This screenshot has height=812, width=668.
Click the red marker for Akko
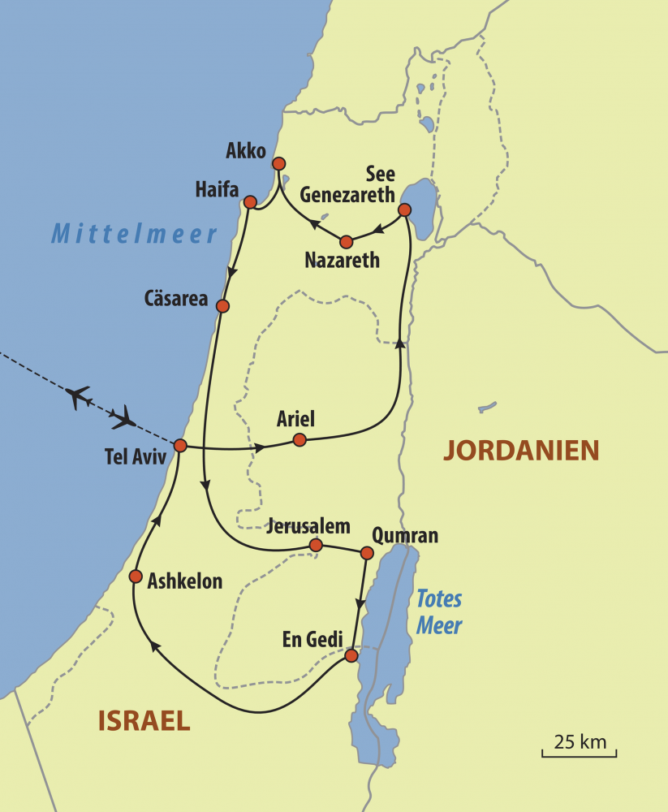278,162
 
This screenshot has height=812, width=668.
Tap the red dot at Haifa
250,201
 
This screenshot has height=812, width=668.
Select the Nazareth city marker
347,241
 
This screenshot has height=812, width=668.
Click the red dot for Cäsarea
222,306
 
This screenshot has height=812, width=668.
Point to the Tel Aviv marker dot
180,446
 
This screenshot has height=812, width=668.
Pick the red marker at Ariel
300,439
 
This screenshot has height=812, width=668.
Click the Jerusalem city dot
317,545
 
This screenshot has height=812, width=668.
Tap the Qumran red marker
366,553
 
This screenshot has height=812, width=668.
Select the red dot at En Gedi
351,655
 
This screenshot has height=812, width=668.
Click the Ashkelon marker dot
136,576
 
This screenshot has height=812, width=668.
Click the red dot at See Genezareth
404,210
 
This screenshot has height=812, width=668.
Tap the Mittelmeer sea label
135,235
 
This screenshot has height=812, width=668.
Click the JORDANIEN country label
520,450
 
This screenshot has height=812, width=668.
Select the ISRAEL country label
144,719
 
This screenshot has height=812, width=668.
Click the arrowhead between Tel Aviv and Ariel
260,447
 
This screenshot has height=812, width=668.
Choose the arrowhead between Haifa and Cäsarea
232,271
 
